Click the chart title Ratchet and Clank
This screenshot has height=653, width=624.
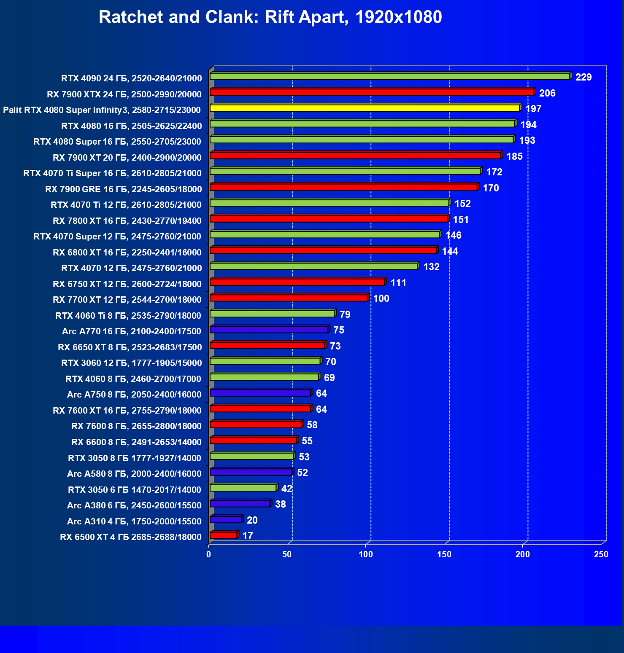coord(270,17)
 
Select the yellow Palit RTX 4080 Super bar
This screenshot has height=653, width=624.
coord(365,108)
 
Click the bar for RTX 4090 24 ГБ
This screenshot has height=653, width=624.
coord(390,76)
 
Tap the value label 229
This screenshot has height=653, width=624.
coord(583,77)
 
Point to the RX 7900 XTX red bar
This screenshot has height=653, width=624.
coord(372,92)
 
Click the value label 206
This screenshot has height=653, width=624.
coord(547,93)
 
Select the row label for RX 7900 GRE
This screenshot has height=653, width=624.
coord(124,189)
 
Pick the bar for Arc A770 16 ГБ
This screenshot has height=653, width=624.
coord(269,330)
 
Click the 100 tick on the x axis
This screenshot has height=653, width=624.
coord(366,554)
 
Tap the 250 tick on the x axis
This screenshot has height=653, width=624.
coord(601,554)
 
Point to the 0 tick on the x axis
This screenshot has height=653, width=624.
coord(209,554)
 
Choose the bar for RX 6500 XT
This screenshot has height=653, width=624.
coord(224,535)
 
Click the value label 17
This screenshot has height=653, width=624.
coord(248,536)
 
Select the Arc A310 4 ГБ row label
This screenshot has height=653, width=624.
coord(134,521)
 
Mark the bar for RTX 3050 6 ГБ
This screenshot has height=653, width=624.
coord(243,488)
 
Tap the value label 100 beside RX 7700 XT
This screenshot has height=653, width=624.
coord(381,298)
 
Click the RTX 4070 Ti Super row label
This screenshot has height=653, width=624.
coord(113,173)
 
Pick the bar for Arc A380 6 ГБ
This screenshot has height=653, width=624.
coord(240,504)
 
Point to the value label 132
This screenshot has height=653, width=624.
coord(431,267)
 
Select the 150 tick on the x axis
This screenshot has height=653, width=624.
coord(444,554)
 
